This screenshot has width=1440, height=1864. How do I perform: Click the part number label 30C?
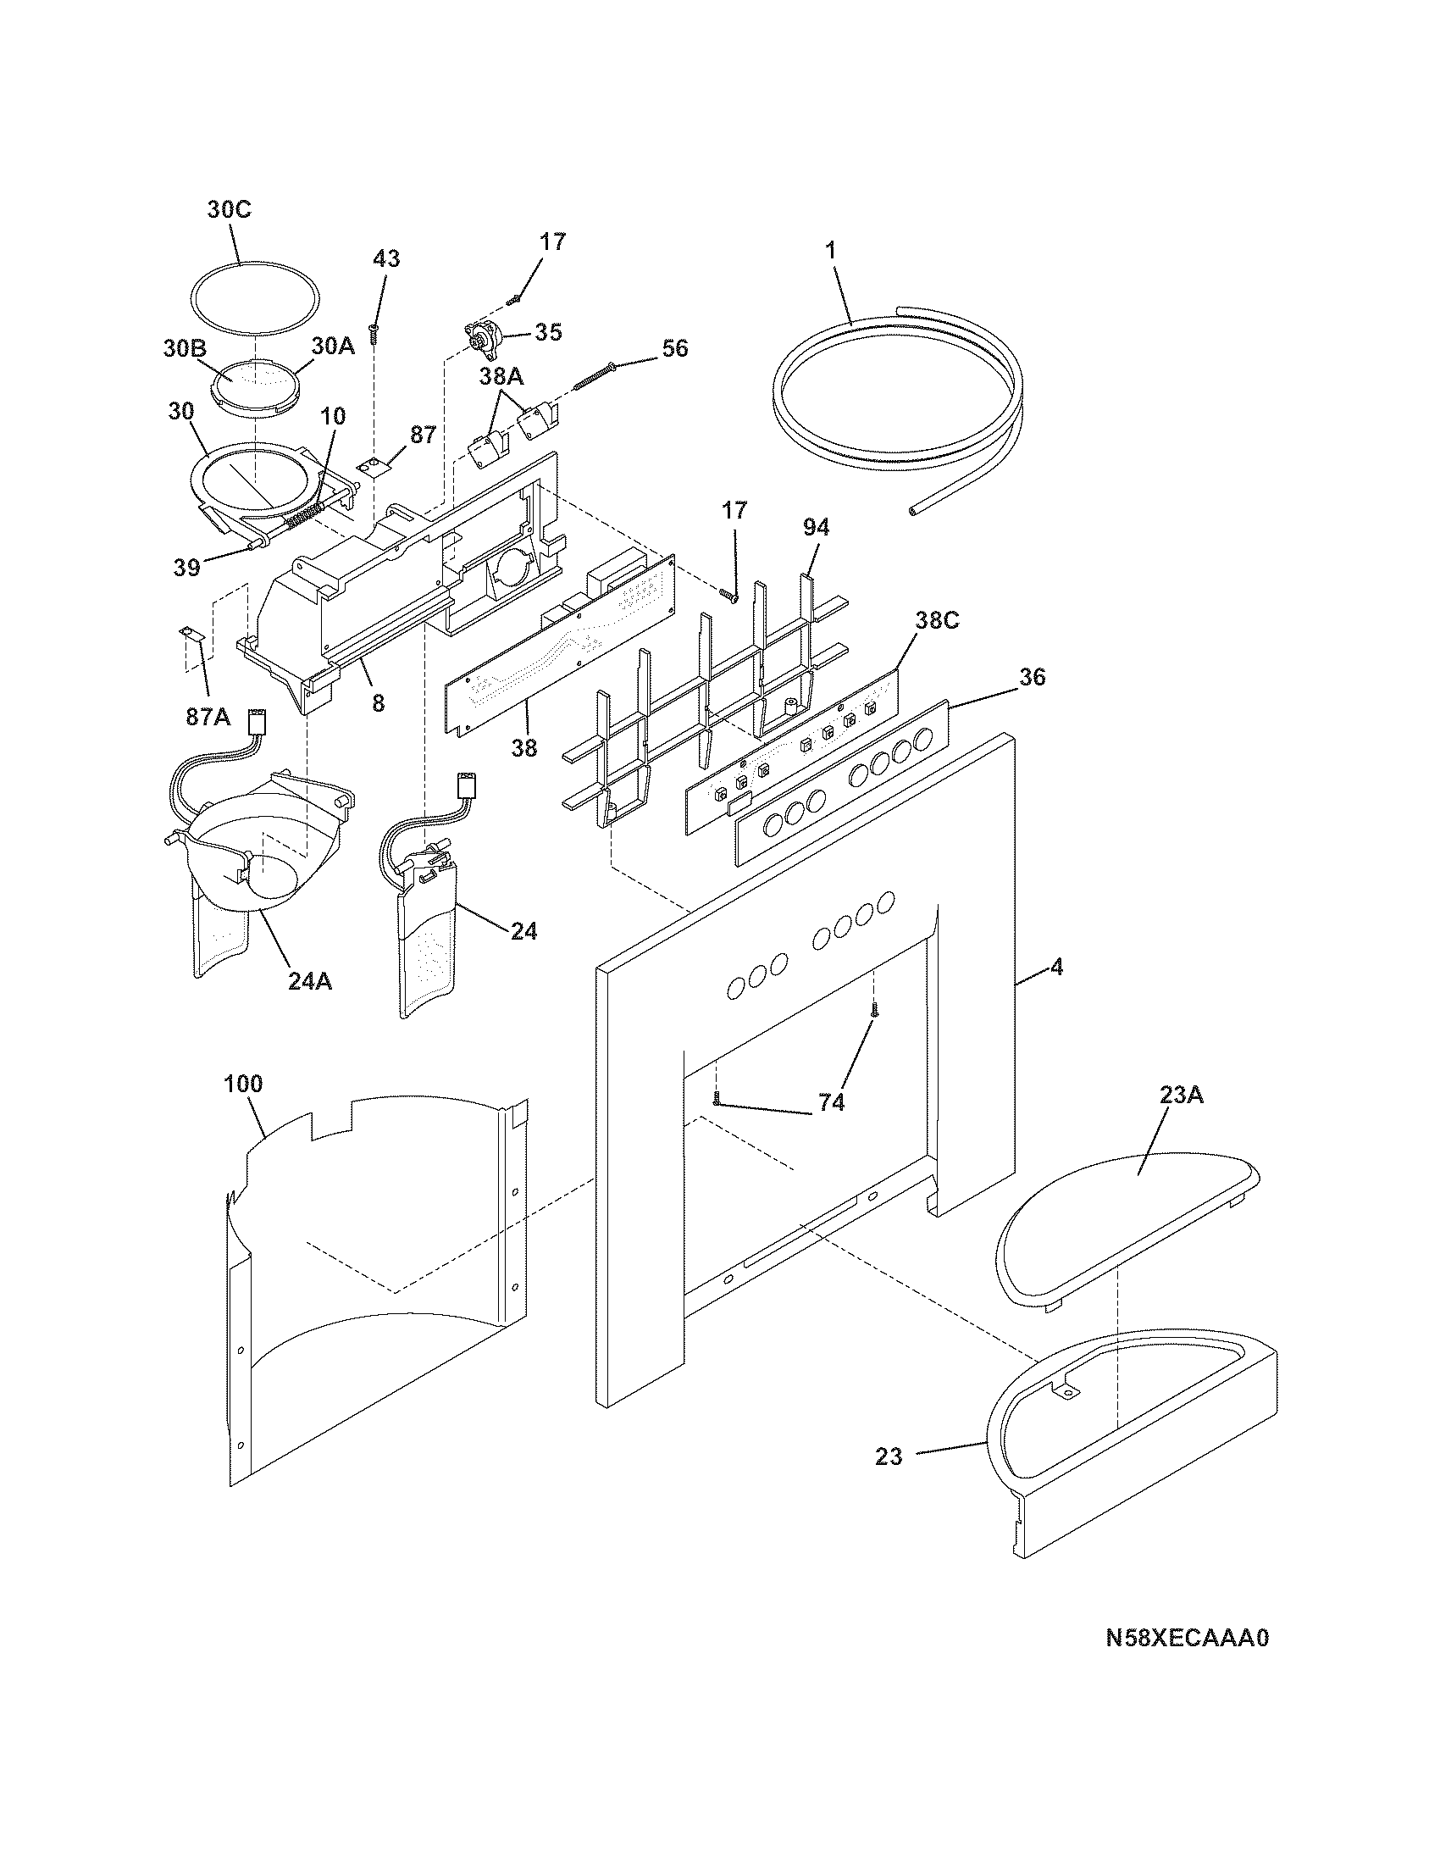(x=230, y=210)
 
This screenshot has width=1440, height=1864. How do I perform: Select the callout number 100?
(x=243, y=1084)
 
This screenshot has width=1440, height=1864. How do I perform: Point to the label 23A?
(x=1181, y=1094)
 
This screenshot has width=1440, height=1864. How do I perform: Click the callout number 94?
(x=816, y=529)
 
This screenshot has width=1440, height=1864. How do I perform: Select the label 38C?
(x=937, y=620)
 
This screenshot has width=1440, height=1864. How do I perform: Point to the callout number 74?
(x=831, y=1102)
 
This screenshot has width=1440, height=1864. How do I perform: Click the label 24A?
(x=309, y=981)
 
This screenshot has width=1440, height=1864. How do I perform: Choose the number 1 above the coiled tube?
(x=831, y=250)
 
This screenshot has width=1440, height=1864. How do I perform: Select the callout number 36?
(x=1032, y=677)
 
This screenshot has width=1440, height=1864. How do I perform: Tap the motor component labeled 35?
(x=483, y=338)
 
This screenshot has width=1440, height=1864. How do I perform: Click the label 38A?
(x=501, y=376)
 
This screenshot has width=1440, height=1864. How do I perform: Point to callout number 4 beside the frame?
(x=1057, y=968)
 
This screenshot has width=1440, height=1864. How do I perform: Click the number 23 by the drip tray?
(x=888, y=1456)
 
